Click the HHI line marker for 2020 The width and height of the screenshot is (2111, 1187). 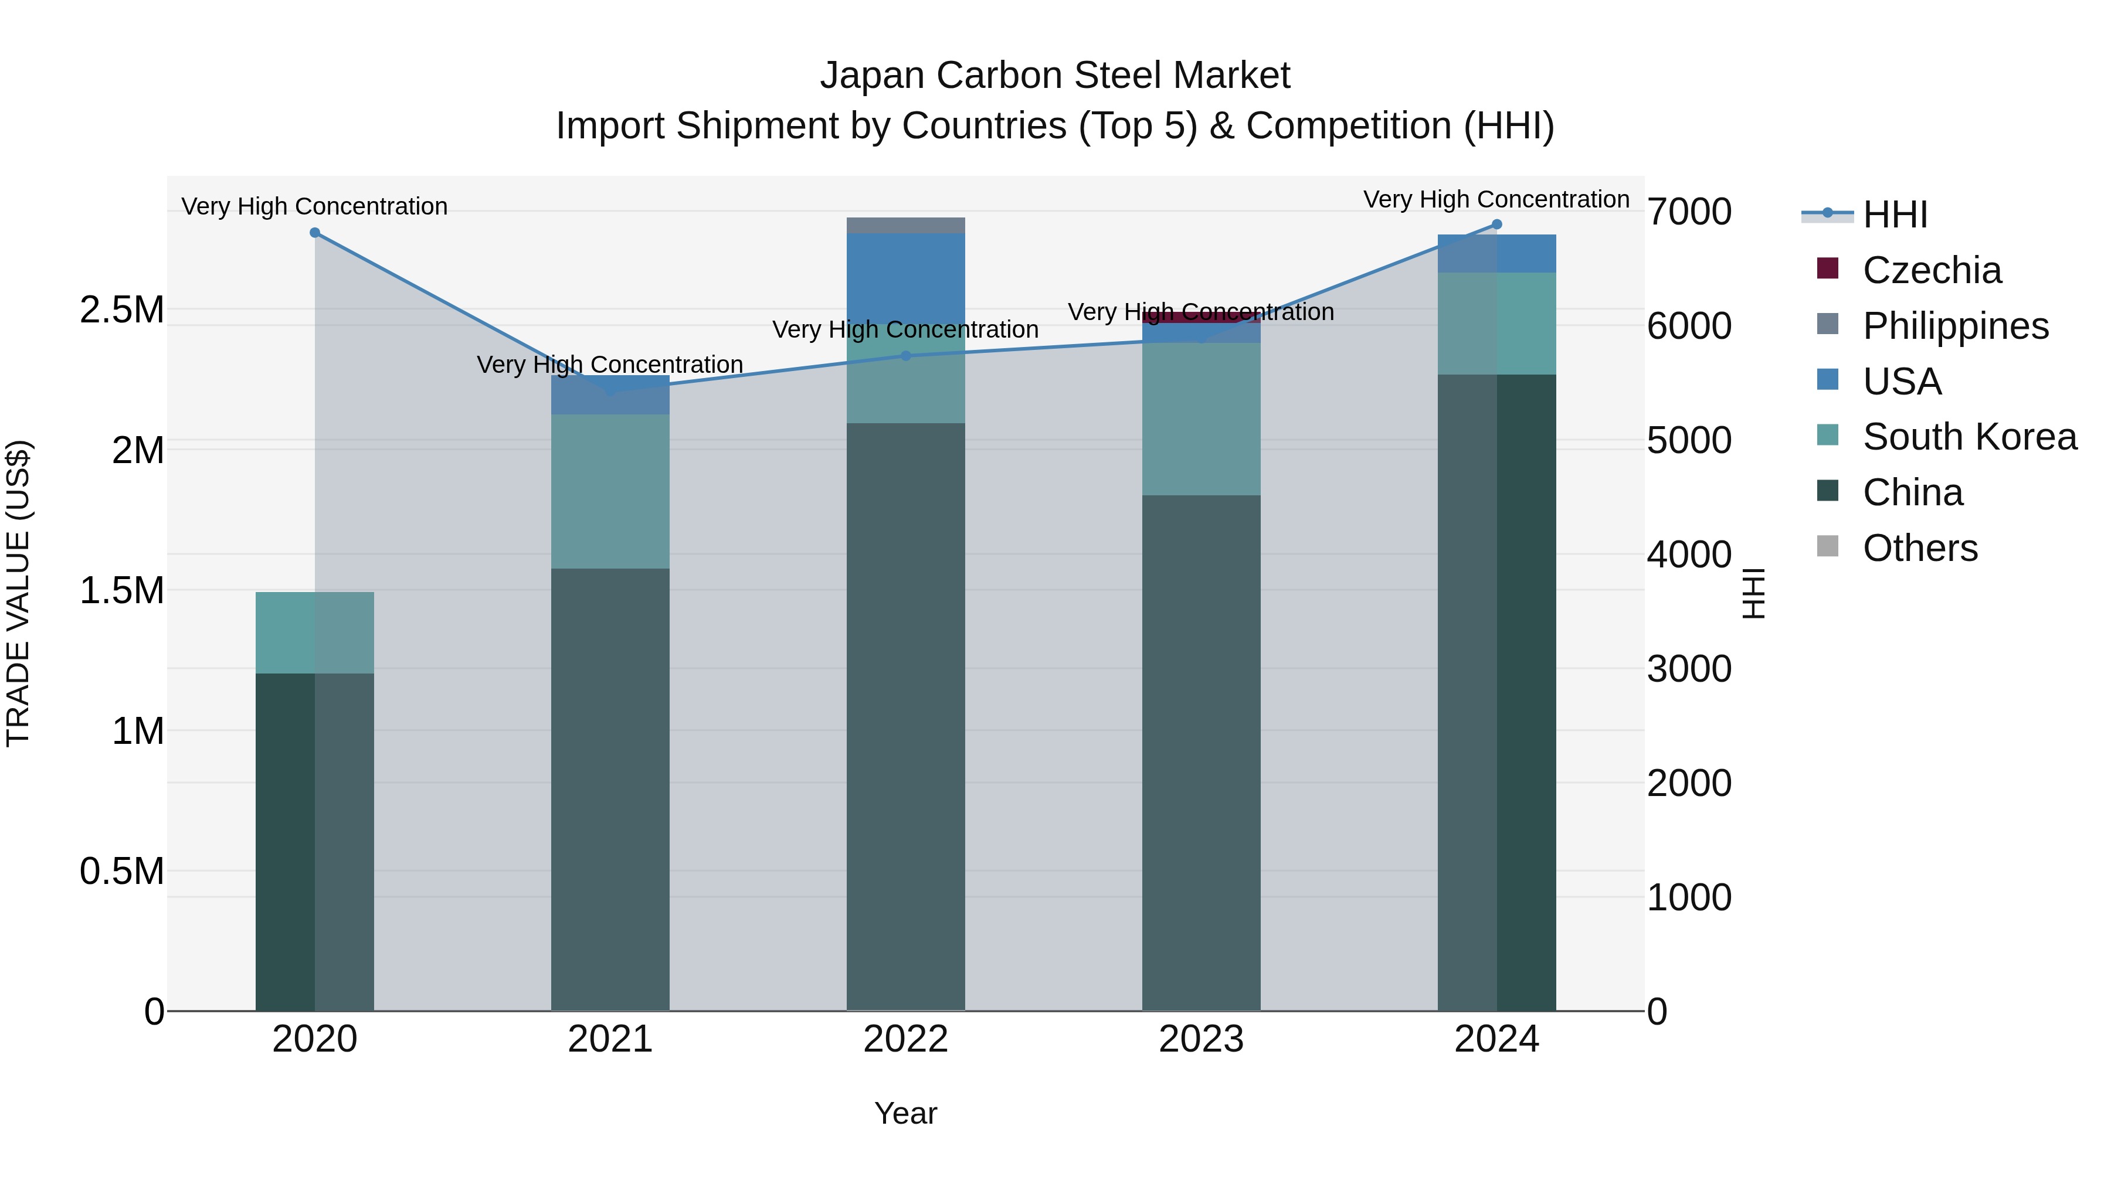click(315, 233)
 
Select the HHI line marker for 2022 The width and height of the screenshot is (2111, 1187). click(905, 356)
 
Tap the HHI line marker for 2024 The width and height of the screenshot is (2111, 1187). click(1496, 225)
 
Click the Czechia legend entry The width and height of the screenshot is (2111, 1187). click(1931, 270)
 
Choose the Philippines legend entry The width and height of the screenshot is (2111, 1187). click(1954, 326)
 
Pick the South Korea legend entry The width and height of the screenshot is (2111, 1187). click(1969, 437)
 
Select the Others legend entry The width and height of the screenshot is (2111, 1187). click(1919, 548)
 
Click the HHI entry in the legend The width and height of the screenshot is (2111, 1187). click(1894, 215)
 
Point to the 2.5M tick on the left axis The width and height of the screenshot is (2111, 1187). click(121, 309)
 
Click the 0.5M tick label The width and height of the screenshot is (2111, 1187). click(121, 871)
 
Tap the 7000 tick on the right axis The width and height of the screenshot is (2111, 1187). click(1689, 212)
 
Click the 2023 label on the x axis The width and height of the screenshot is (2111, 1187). click(1200, 1039)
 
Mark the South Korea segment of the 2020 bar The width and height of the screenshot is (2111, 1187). click(315, 632)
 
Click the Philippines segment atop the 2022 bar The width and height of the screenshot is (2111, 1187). click(905, 225)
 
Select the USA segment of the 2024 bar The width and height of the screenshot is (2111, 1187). click(1496, 253)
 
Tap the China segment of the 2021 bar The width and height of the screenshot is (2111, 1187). click(610, 787)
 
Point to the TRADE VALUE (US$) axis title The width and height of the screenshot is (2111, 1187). click(18, 593)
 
